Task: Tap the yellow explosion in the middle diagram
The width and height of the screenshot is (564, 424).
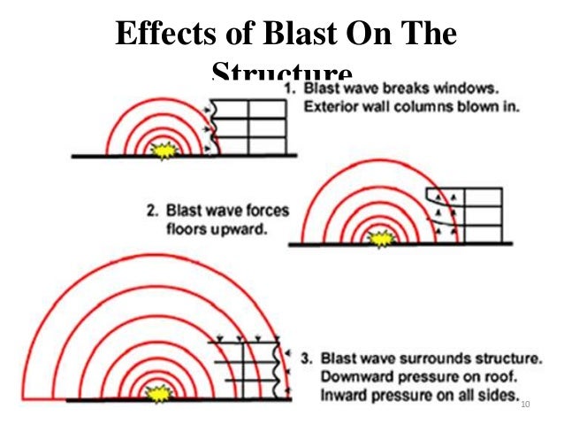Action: point(382,237)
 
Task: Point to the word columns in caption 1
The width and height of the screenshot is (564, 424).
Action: point(421,107)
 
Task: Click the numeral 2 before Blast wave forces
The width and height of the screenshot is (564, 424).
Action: point(151,212)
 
